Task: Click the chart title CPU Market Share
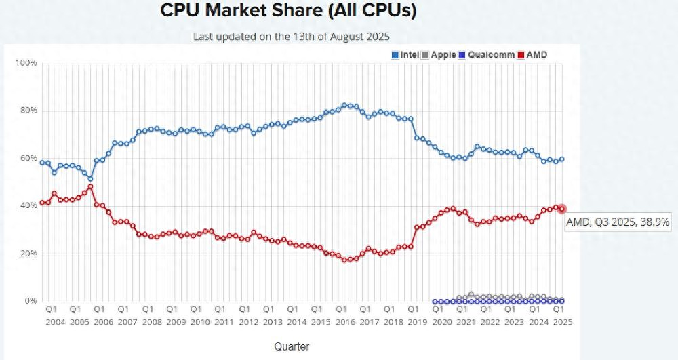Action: pyautogui.click(x=288, y=11)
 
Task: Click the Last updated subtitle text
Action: pyautogui.click(x=292, y=36)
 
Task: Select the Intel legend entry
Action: pyautogui.click(x=405, y=54)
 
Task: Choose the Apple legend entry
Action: pyautogui.click(x=439, y=54)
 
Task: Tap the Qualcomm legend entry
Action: pyautogui.click(x=486, y=54)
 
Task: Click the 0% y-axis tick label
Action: pyautogui.click(x=30, y=301)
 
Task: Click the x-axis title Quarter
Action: pyautogui.click(x=292, y=346)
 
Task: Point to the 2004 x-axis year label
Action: pyautogui.click(x=56, y=322)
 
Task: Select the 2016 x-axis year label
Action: pyautogui.click(x=346, y=322)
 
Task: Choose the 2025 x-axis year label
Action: pyautogui.click(x=562, y=322)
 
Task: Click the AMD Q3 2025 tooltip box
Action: pyautogui.click(x=618, y=222)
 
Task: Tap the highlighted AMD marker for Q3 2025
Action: pyautogui.click(x=562, y=209)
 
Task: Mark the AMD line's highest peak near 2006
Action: pyautogui.click(x=90, y=186)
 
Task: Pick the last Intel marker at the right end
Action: pyautogui.click(x=562, y=159)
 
